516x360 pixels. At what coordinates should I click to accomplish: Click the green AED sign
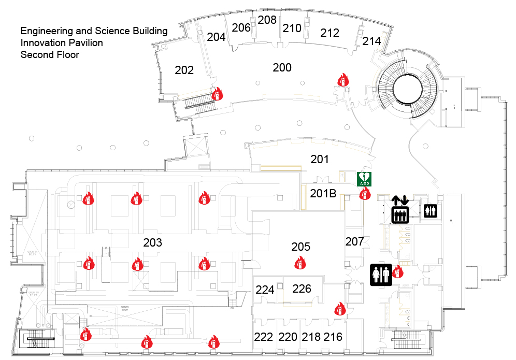(x=365, y=179)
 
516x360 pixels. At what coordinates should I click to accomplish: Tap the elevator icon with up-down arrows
(x=399, y=209)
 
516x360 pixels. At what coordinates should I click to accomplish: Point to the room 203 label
(x=153, y=242)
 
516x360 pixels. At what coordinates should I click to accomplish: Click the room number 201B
(x=323, y=194)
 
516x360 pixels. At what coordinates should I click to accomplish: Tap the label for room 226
(x=302, y=289)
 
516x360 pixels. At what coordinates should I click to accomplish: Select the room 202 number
(x=184, y=70)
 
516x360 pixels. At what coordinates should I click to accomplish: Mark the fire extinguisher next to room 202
(x=217, y=93)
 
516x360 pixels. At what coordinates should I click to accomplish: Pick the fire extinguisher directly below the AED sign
(x=365, y=194)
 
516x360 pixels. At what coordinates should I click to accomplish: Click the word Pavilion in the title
(x=83, y=42)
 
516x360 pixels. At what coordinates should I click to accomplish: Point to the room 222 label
(x=264, y=337)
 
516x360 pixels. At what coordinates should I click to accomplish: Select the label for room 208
(x=267, y=20)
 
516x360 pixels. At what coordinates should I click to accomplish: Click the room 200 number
(x=282, y=67)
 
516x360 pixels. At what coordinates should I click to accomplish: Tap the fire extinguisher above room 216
(x=340, y=309)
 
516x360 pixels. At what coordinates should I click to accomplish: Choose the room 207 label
(x=355, y=241)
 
